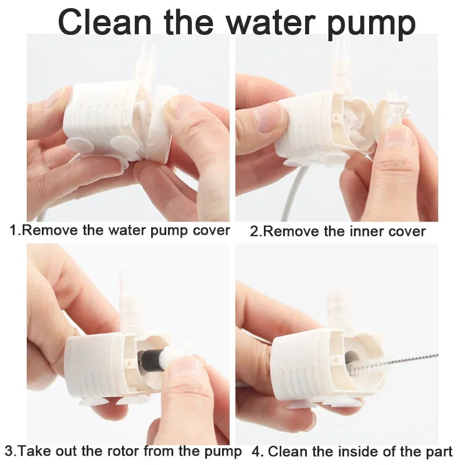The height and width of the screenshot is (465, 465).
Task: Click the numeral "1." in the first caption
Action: [15, 230]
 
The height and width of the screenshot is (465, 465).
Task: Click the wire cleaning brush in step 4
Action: [407, 358]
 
